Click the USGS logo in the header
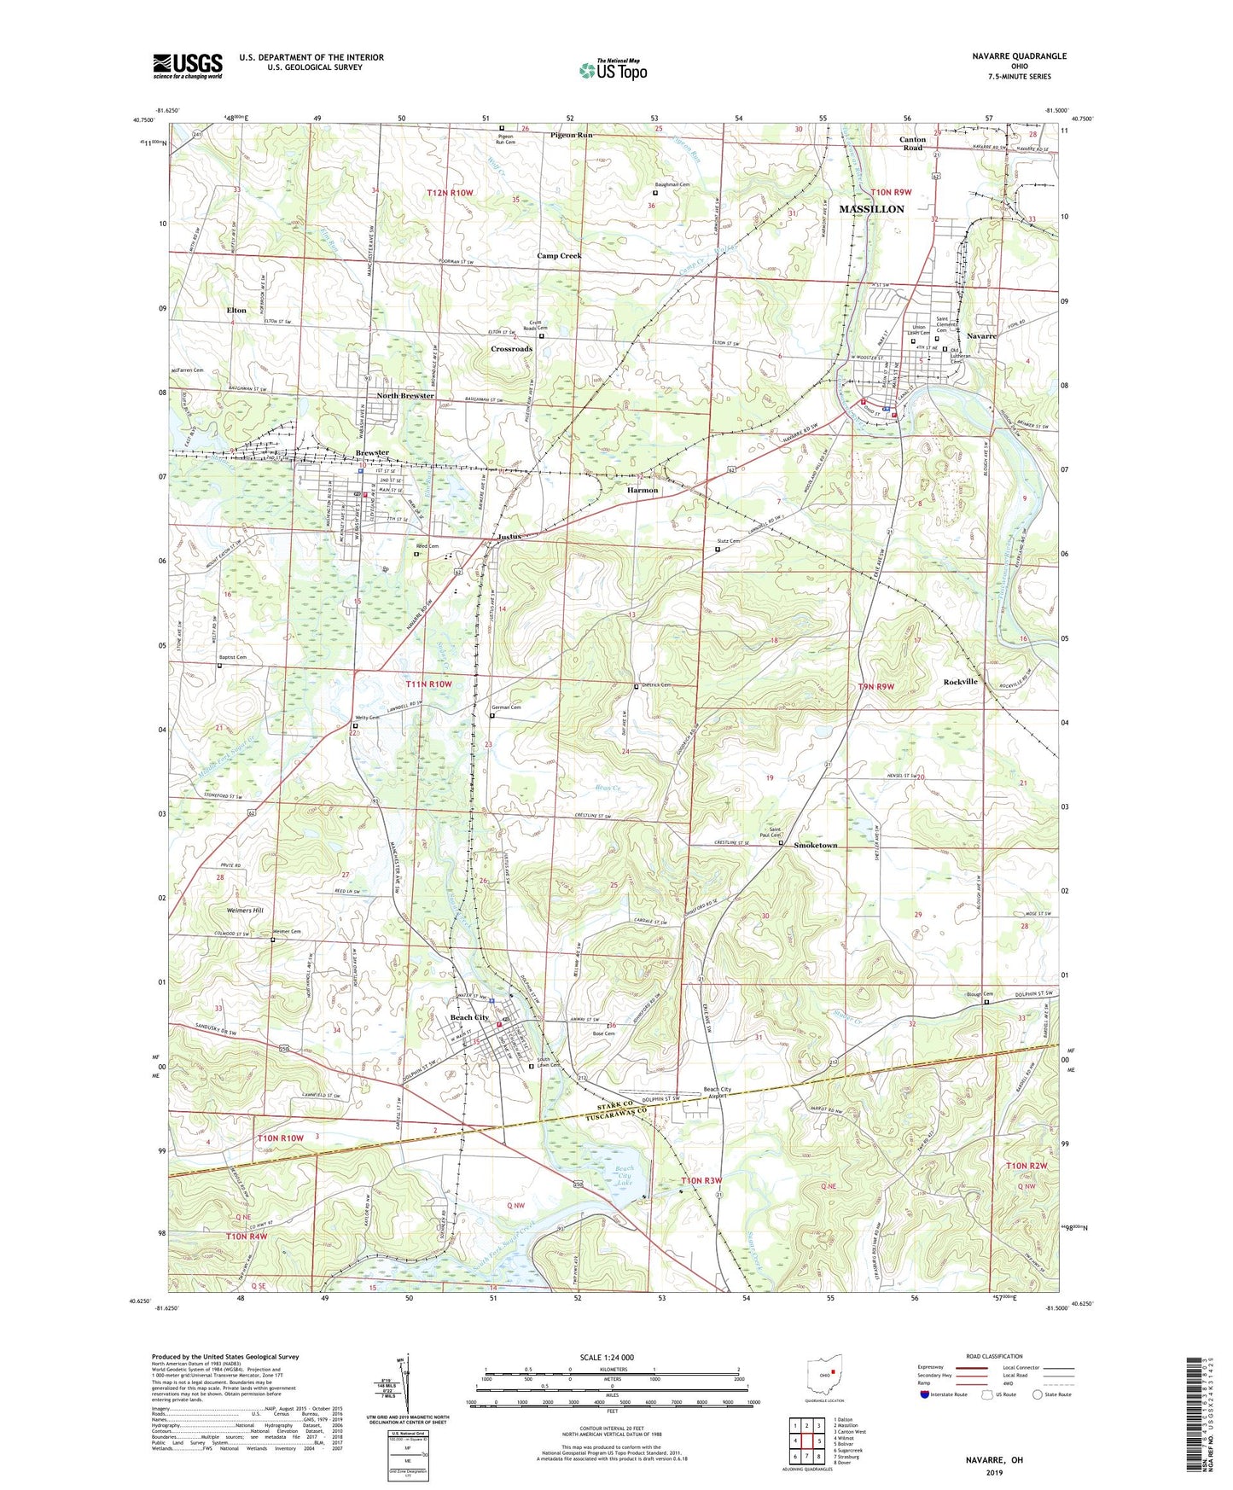[x=187, y=66]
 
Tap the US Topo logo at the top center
[x=612, y=70]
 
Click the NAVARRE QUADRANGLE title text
[x=1019, y=56]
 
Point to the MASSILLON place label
[x=871, y=209]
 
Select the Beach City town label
[x=469, y=1018]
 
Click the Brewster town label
[x=372, y=453]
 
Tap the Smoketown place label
[x=815, y=846]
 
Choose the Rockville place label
[x=960, y=682]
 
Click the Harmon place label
[x=643, y=491]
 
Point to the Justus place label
[x=509, y=537]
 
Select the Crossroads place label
[x=511, y=349]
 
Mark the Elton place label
[x=236, y=311]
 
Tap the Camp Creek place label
[x=559, y=256]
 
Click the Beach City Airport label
[x=716, y=1093]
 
